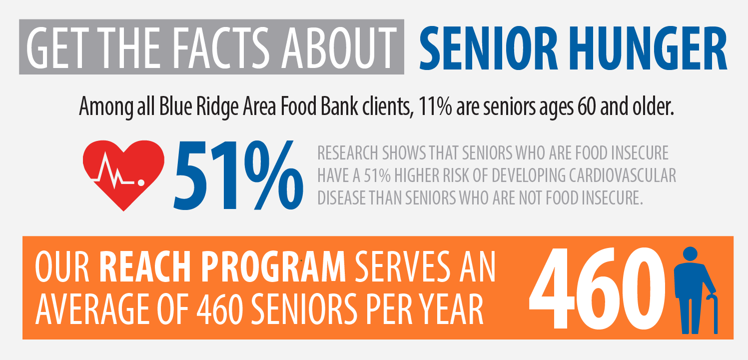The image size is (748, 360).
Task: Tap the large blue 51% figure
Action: coord(238,175)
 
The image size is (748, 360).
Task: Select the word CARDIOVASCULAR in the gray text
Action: coord(623,175)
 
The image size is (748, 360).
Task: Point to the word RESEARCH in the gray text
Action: coord(347,153)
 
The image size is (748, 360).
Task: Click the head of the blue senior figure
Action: coord(690,253)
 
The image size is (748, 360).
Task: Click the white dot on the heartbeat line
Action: coord(141,183)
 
